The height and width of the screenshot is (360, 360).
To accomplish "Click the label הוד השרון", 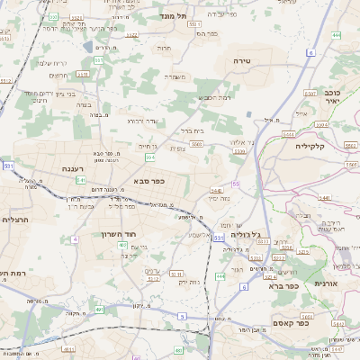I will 117,233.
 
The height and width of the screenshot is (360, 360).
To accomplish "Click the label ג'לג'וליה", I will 246,234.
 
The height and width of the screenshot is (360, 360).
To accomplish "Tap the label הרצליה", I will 15,219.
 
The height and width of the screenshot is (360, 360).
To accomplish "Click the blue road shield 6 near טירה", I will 310,54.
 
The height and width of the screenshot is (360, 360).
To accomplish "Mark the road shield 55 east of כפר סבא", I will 236,184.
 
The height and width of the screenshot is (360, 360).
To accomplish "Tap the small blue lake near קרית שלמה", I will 85,46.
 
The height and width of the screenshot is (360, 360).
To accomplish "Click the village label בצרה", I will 84,105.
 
